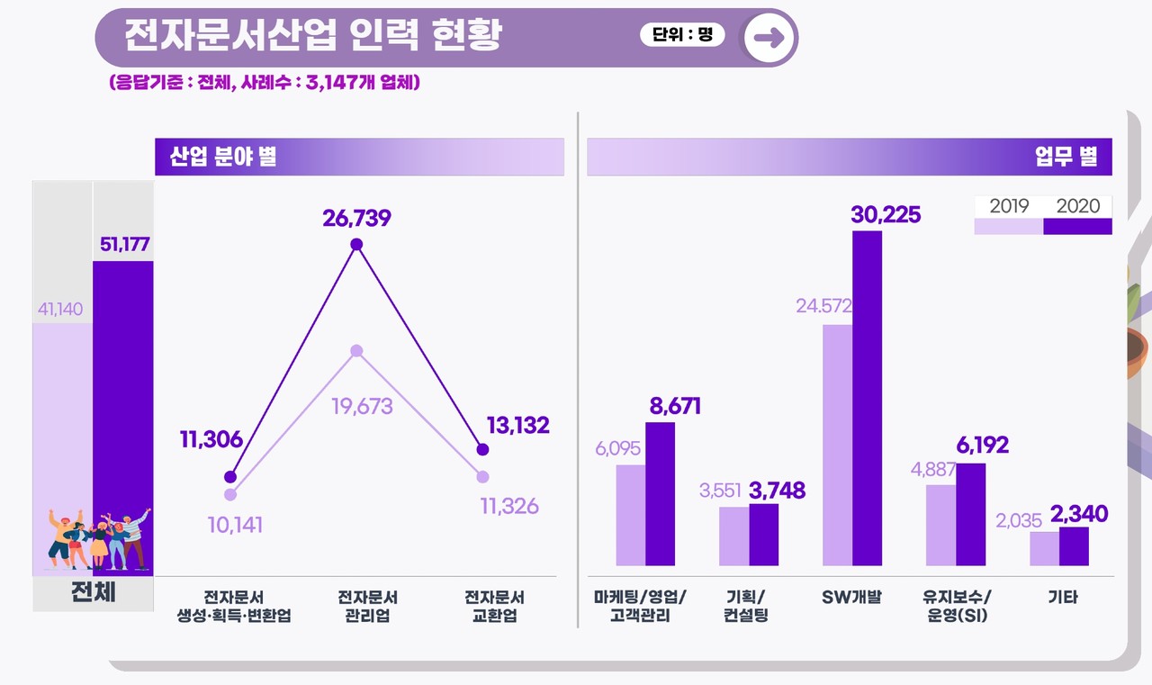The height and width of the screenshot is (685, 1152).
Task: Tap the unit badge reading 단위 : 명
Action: tap(681, 35)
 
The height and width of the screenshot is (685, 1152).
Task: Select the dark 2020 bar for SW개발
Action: tap(867, 398)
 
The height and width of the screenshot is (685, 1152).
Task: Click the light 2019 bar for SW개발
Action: tap(837, 445)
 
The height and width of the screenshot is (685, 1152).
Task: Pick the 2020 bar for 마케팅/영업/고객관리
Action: tap(660, 493)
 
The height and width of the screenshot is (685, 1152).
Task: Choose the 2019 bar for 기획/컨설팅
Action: tap(733, 536)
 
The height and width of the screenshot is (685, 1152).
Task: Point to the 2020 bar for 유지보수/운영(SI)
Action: tap(970, 514)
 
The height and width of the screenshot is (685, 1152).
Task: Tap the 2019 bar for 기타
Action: tap(1044, 548)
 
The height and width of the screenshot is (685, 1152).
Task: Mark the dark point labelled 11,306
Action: tap(230, 477)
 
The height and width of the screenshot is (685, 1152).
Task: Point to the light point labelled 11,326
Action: tap(483, 477)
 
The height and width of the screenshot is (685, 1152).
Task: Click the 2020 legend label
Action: tap(1078, 206)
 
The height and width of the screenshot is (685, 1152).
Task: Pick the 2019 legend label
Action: tap(1009, 206)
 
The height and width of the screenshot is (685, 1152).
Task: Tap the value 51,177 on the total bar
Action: tap(124, 245)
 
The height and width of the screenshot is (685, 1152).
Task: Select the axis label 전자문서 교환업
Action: tap(495, 607)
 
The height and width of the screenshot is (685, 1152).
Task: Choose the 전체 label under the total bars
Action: tap(94, 594)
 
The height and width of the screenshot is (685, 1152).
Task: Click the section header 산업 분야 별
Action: tap(223, 158)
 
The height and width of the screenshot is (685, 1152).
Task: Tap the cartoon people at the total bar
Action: tap(97, 539)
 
